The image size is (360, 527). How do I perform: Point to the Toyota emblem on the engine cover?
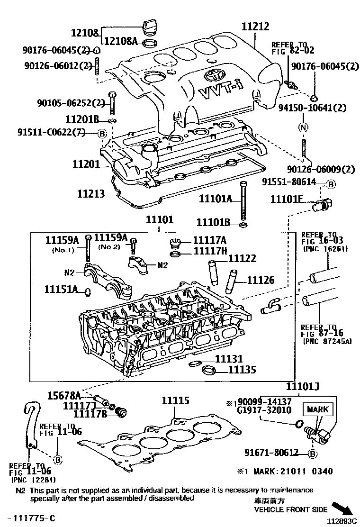click(212, 75)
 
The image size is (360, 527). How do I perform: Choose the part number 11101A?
click(215, 200)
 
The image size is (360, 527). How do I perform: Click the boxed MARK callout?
click(318, 409)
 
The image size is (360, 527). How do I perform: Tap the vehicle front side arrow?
click(342, 508)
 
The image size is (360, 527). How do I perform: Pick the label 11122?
click(242, 258)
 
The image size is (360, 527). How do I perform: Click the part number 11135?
click(242, 370)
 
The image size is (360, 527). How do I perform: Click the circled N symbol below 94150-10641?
click(303, 127)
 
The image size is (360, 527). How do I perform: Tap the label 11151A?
click(61, 289)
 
